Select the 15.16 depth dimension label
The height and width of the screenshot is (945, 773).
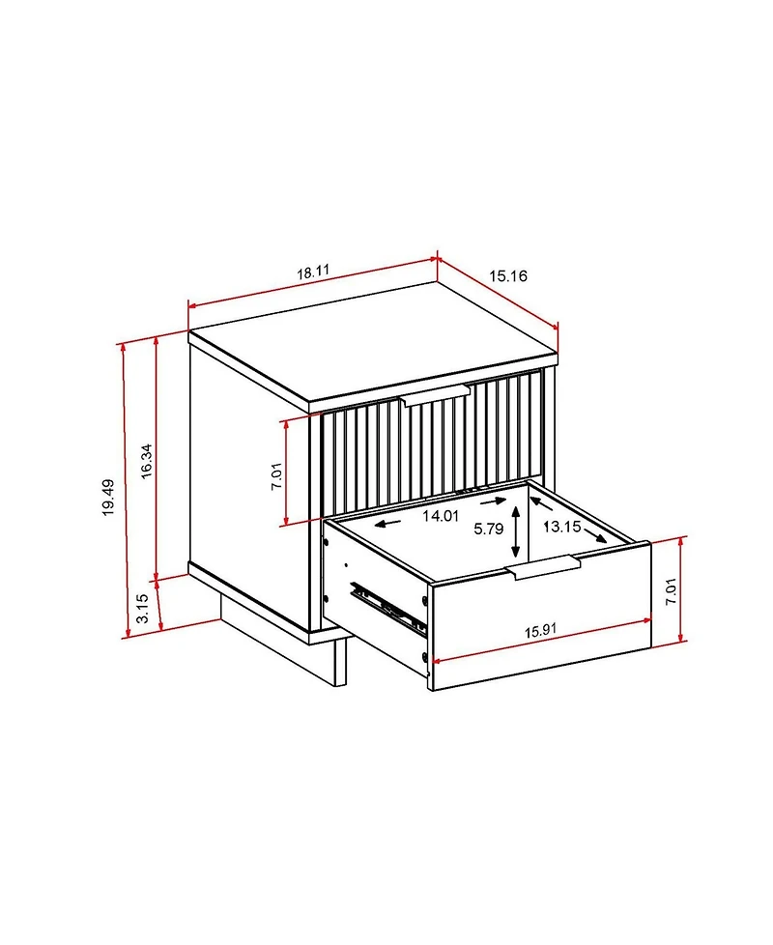(507, 276)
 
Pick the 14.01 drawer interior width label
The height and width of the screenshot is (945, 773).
(440, 516)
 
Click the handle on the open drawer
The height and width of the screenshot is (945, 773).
(542, 568)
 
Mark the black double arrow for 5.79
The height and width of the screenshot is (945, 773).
(517, 532)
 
